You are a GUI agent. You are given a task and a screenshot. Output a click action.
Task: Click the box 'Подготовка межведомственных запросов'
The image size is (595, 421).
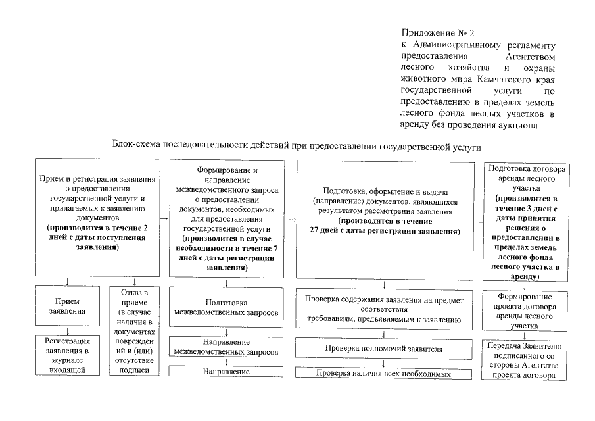coord(226,306)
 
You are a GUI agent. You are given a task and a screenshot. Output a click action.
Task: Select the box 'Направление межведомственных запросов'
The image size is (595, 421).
coord(226,347)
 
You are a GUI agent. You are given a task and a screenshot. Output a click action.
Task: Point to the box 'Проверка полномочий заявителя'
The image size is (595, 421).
coord(383,348)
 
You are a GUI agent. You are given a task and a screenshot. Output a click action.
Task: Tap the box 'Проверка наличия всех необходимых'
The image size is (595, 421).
coord(383,374)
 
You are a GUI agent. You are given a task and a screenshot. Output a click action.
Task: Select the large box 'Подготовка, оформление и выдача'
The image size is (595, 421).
coord(385,218)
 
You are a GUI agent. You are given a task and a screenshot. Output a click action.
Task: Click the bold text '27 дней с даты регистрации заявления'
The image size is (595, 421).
coord(385,232)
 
